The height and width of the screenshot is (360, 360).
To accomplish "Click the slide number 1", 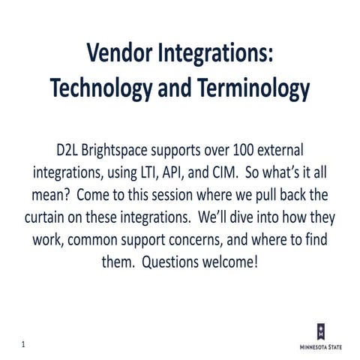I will point(23,344).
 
